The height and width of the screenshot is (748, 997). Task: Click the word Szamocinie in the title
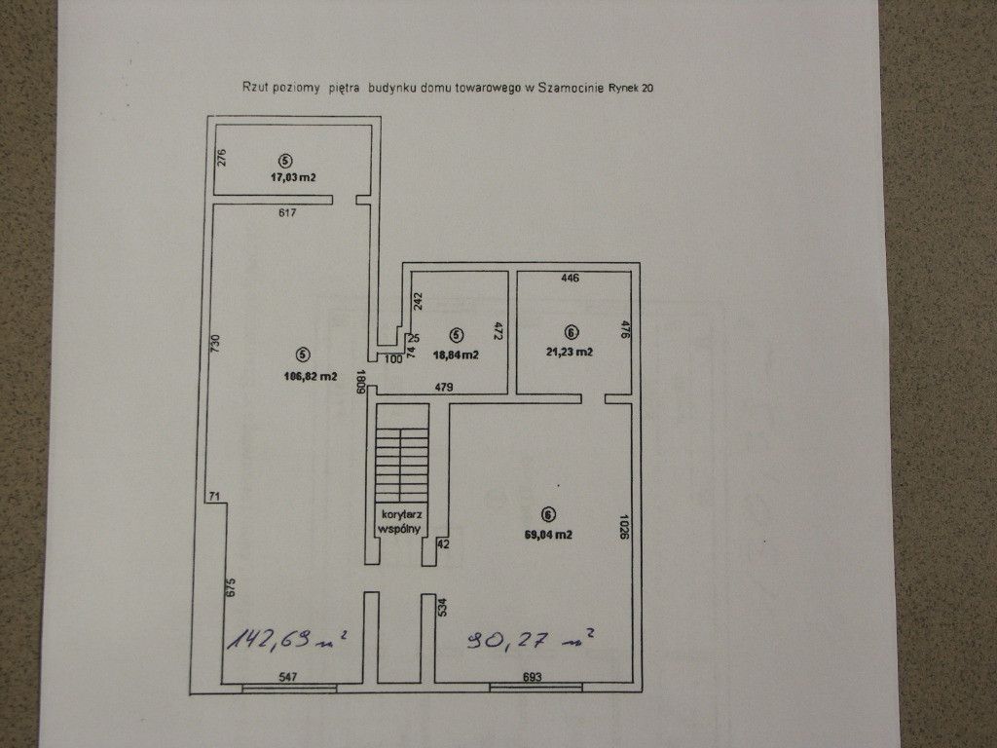pyautogui.click(x=572, y=88)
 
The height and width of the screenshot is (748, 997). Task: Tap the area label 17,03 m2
pyautogui.click(x=294, y=177)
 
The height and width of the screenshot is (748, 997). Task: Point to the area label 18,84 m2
pyautogui.click(x=456, y=355)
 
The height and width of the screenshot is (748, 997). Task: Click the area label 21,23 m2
pyautogui.click(x=571, y=352)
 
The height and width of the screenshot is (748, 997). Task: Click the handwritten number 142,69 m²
pyautogui.click(x=286, y=641)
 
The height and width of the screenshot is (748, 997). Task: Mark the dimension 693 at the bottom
pyautogui.click(x=533, y=677)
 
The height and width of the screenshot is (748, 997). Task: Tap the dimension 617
pyautogui.click(x=286, y=211)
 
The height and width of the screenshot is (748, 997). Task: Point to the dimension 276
pyautogui.click(x=221, y=158)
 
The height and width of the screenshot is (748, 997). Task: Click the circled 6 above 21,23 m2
pyautogui.click(x=571, y=330)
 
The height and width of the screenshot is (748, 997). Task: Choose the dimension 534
pyautogui.click(x=442, y=609)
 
